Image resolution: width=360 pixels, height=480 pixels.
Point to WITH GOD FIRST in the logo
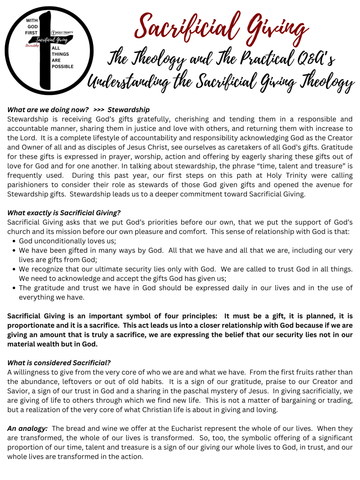32,27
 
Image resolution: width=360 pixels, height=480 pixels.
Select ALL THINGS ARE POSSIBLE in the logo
62,57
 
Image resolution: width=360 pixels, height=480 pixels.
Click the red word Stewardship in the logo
32,46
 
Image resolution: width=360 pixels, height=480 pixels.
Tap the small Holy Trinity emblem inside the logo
62,32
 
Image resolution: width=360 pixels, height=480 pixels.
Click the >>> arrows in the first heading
99,110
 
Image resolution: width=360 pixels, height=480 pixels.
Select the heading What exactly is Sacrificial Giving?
64,213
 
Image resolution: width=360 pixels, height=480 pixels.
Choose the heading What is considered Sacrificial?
59,363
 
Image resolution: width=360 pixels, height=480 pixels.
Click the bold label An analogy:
27,428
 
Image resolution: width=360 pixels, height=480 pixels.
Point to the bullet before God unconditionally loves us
14,241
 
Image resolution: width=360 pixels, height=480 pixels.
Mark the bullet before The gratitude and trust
14,288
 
